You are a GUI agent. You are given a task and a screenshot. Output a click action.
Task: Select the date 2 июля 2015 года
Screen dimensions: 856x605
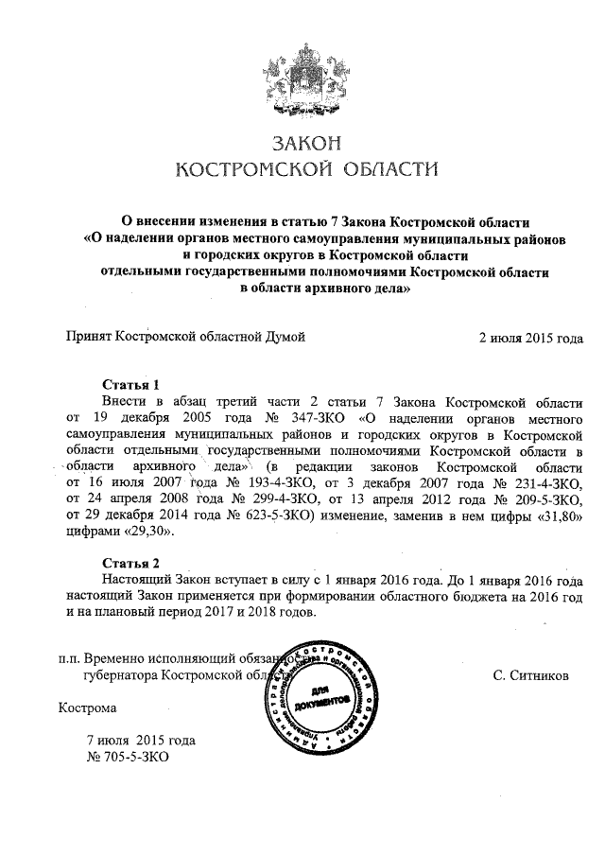pos(531,337)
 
